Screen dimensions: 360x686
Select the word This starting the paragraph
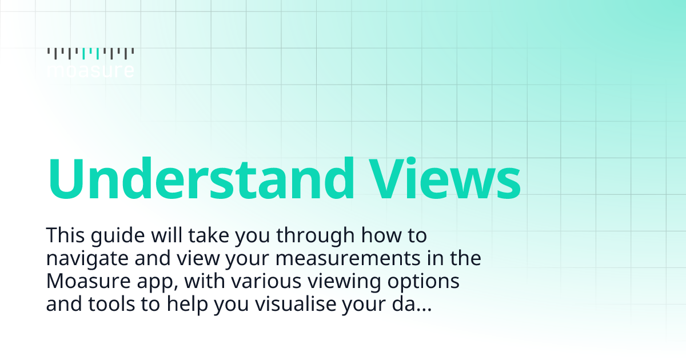click(66, 235)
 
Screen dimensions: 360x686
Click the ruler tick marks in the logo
click(90, 53)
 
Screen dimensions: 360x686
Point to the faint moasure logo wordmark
click(90, 71)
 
